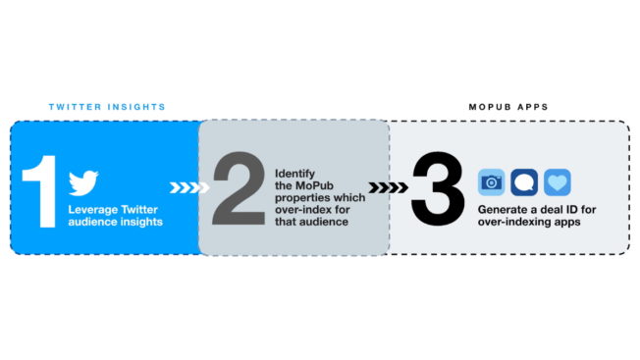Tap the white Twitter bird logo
[83, 183]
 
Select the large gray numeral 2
[239, 188]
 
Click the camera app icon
[491, 182]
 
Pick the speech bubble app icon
[524, 182]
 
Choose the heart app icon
[557, 182]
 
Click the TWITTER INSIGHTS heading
[107, 106]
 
